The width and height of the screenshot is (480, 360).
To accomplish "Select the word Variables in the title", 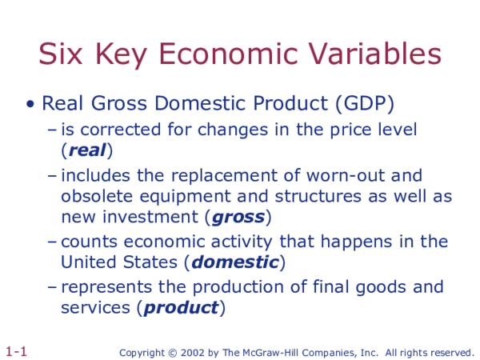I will [x=382, y=54].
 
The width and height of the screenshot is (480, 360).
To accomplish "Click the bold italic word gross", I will [x=238, y=216].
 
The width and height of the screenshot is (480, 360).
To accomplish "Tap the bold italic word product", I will [x=181, y=307].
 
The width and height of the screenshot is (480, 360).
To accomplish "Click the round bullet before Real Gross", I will [x=30, y=104].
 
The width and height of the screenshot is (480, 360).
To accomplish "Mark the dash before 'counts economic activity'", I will [x=52, y=242].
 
